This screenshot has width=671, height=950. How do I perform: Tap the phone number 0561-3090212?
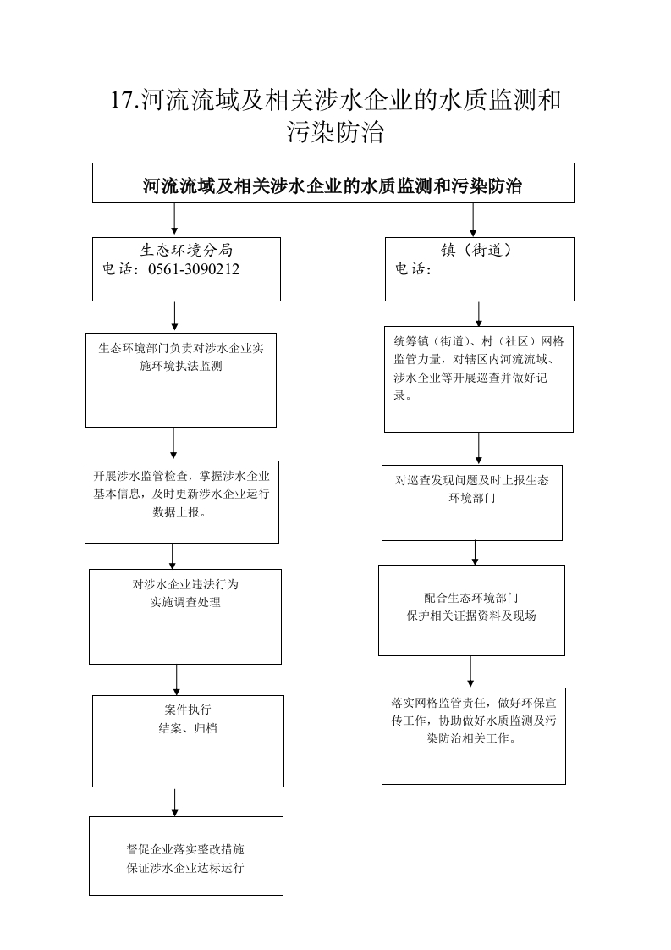tap(194, 269)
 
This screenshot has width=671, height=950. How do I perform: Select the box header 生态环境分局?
tap(186, 250)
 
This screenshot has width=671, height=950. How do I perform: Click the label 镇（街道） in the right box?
tap(476, 250)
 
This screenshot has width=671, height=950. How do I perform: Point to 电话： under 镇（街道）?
tap(414, 269)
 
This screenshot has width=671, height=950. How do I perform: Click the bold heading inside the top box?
tap(333, 185)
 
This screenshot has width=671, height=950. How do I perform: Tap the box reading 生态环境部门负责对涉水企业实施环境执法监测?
tap(181, 380)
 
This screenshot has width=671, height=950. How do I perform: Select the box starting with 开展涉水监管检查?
tap(182, 502)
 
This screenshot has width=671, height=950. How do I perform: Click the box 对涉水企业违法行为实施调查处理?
tap(185, 616)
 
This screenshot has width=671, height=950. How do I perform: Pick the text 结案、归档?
tap(188, 728)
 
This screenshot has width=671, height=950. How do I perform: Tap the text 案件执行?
tap(188, 710)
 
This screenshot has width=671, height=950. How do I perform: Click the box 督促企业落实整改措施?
tap(186, 856)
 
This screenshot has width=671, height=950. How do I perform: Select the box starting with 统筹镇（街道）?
tap(479, 379)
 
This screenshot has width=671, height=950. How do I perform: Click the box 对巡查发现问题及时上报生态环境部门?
tap(472, 503)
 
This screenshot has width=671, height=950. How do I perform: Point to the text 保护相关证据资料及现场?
tap(471, 616)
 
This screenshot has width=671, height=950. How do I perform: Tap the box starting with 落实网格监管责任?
tap(474, 736)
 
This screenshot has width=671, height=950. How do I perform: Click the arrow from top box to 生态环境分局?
tap(174, 218)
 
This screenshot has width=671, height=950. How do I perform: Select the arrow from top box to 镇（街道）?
tap(473, 219)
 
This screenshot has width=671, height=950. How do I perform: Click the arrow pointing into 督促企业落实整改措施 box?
tap(175, 802)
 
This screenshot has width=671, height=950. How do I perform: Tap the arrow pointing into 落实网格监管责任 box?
tap(470, 672)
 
